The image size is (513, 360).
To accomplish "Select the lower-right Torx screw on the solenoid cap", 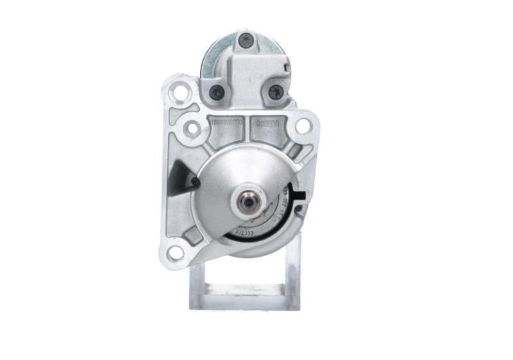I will coord(275,92).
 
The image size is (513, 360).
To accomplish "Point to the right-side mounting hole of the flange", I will coord(303,126).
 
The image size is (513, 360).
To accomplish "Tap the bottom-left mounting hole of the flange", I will coord(175,252).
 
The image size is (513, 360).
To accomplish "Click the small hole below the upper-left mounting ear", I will coord(192,128).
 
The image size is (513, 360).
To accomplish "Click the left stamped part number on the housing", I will coord(225,120).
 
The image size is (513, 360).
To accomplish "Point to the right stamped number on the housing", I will coord(268,120).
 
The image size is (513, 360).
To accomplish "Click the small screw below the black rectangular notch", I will coord(298,208).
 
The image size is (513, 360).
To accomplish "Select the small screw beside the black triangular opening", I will coord(194,182).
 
